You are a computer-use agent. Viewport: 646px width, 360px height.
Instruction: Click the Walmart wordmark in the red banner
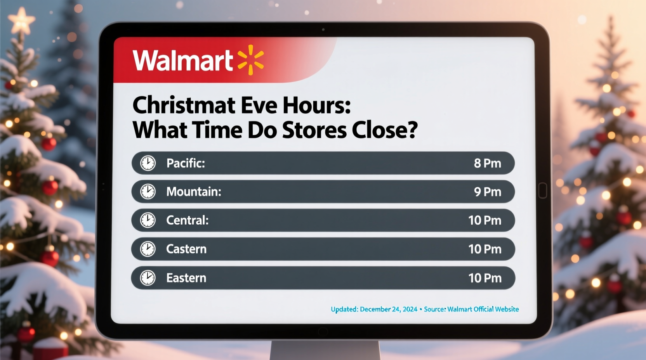point(182,61)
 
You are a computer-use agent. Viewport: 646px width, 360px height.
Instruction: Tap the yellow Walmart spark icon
point(251,60)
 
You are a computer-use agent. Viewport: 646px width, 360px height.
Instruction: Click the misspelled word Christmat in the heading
point(184,106)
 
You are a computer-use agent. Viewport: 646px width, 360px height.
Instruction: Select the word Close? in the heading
point(384,130)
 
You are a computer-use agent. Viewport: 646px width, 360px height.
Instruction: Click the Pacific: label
point(186,163)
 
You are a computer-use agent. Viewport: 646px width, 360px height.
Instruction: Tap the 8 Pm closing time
point(487,163)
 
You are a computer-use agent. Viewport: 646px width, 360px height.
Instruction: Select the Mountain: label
point(194,192)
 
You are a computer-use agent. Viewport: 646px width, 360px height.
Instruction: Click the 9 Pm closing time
point(487,192)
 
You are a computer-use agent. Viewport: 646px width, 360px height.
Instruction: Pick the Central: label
point(187,220)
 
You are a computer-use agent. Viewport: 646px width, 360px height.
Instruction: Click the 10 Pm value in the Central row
point(484,220)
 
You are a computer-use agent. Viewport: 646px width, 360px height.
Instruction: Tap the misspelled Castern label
point(186,249)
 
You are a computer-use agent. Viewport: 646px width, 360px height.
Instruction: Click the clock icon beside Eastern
point(148,278)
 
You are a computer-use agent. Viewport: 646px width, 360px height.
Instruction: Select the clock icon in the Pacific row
point(148,163)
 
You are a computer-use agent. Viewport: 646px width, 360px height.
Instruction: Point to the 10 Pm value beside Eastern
point(484,278)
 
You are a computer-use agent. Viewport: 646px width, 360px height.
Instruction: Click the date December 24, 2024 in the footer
point(388,309)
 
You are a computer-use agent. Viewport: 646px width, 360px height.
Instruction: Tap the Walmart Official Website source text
point(483,309)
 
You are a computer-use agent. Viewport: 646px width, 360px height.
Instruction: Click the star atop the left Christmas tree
point(22,21)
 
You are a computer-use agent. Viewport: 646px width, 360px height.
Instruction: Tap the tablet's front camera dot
point(323,29)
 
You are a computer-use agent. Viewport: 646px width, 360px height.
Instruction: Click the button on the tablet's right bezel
point(543,190)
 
